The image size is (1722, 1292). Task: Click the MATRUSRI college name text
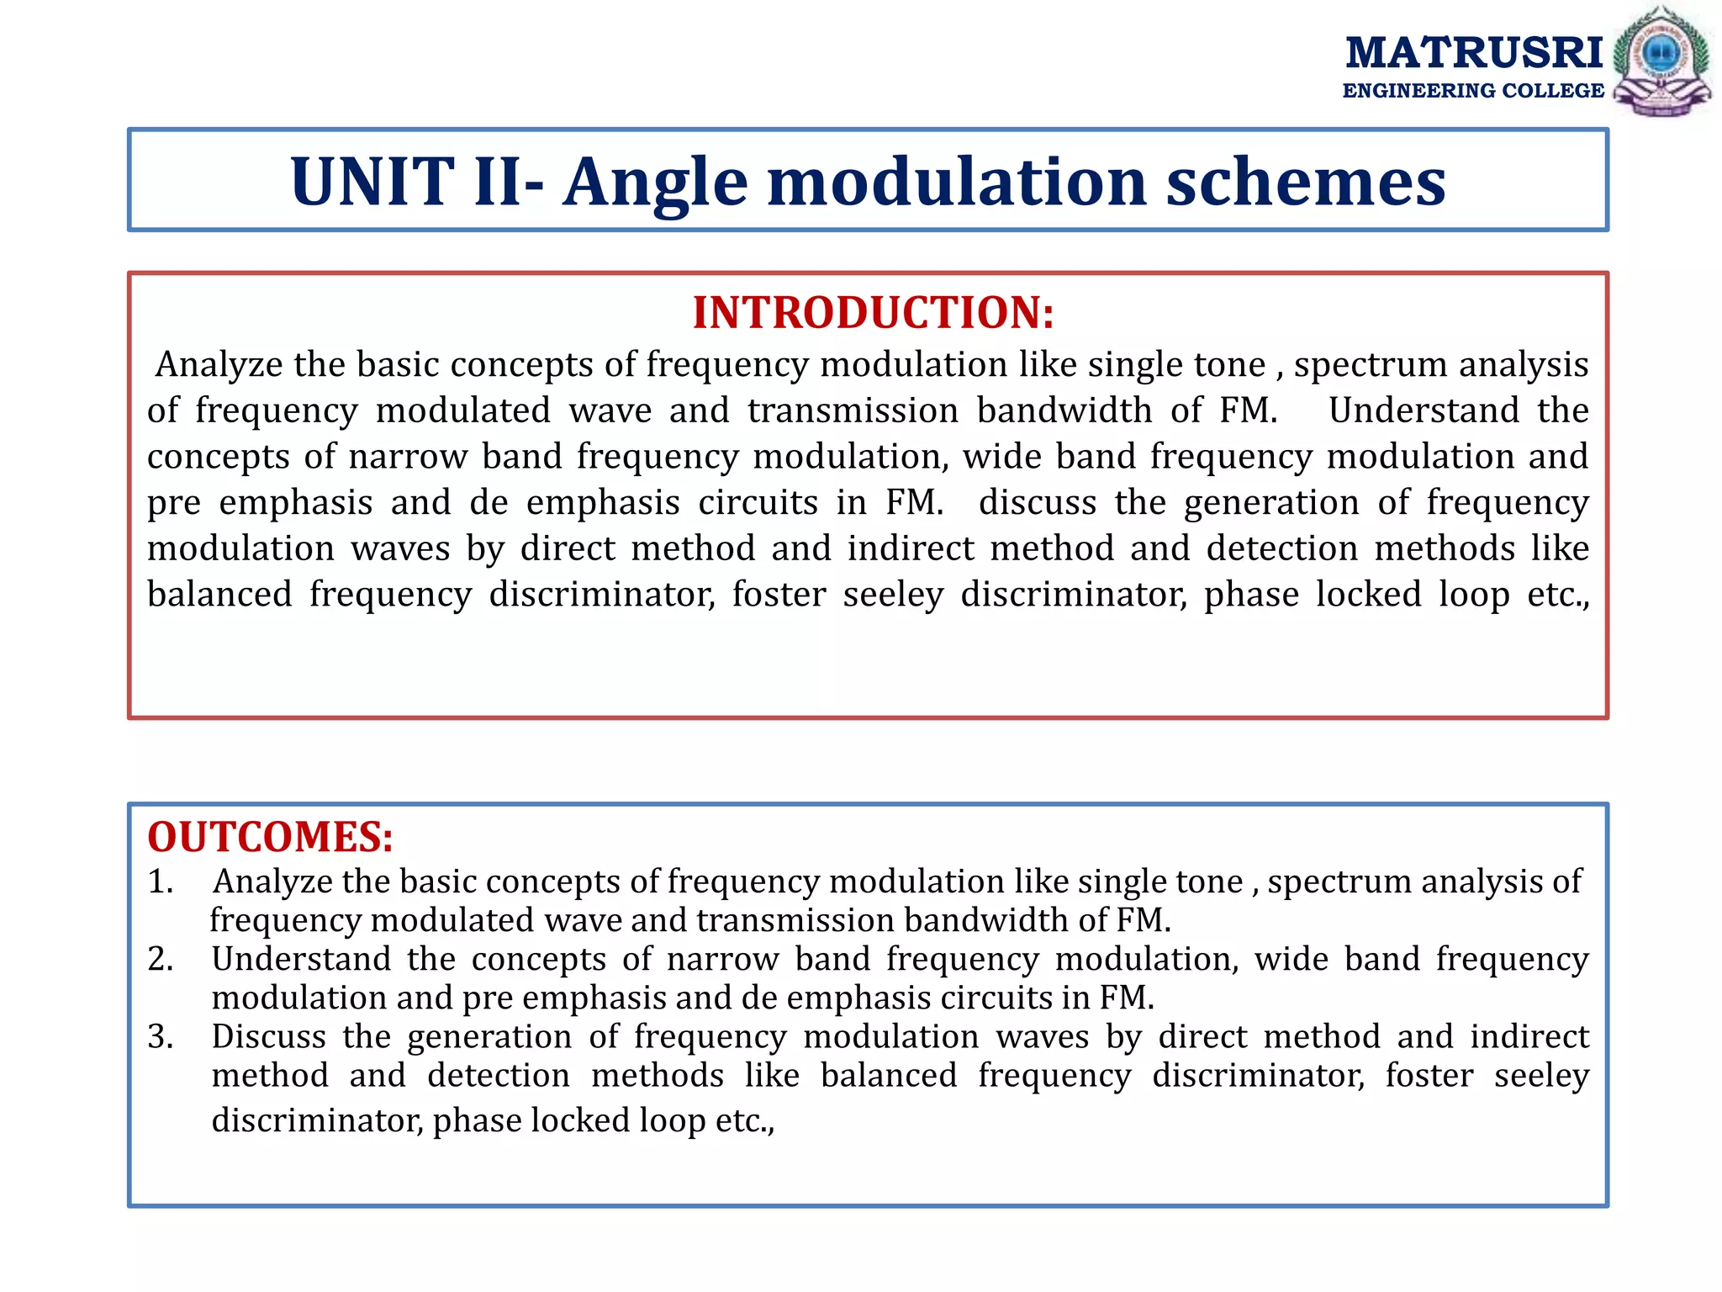(1473, 52)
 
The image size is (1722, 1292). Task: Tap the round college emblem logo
(1661, 61)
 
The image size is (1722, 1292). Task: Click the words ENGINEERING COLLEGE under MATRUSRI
(1473, 91)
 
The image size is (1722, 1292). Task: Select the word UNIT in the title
(372, 182)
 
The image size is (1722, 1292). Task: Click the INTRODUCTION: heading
(873, 312)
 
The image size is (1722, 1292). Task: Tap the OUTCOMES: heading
(270, 837)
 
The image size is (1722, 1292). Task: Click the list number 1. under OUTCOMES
(161, 882)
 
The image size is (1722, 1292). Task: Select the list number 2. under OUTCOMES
(161, 959)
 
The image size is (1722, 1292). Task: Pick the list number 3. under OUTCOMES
(161, 1036)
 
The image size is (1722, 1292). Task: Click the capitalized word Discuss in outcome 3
(268, 1036)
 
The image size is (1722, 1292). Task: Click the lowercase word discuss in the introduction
(1037, 502)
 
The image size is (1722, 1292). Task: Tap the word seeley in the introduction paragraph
(893, 595)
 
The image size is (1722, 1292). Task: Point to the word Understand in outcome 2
(301, 959)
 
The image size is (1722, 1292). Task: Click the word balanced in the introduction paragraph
(219, 594)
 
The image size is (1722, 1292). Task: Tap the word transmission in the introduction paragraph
(853, 410)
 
